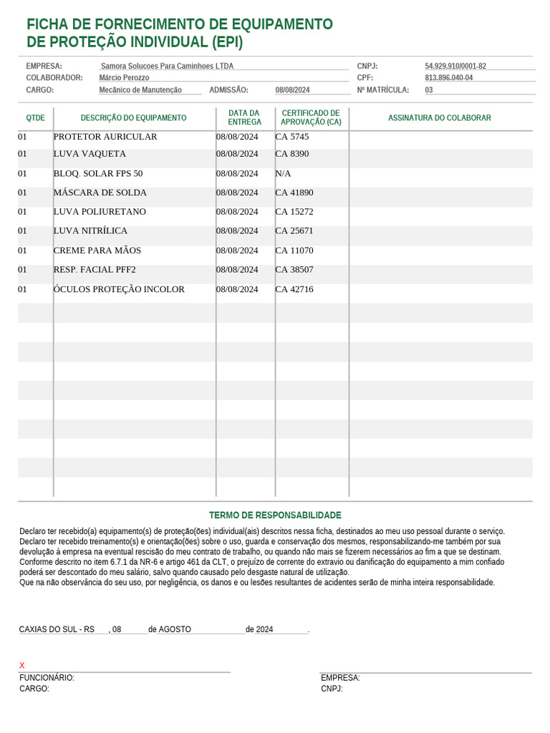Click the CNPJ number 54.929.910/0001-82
click(455, 66)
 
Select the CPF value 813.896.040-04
click(448, 77)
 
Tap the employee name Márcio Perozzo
click(124, 77)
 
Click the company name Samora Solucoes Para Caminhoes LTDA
click(167, 66)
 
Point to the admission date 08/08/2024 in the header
click(292, 90)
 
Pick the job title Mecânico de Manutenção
click(140, 90)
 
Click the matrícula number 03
click(428, 90)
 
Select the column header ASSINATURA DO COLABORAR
click(439, 117)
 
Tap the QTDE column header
click(35, 117)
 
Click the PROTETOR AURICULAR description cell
click(105, 137)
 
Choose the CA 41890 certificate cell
click(294, 193)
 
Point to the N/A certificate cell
click(283, 173)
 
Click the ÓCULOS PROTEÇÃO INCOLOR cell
click(119, 289)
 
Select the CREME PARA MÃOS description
click(97, 251)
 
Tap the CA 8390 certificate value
click(292, 154)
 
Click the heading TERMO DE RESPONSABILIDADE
click(275, 515)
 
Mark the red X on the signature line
click(22, 666)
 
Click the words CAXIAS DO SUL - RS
click(57, 629)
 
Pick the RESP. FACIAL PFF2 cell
click(95, 270)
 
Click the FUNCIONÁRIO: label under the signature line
click(47, 678)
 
